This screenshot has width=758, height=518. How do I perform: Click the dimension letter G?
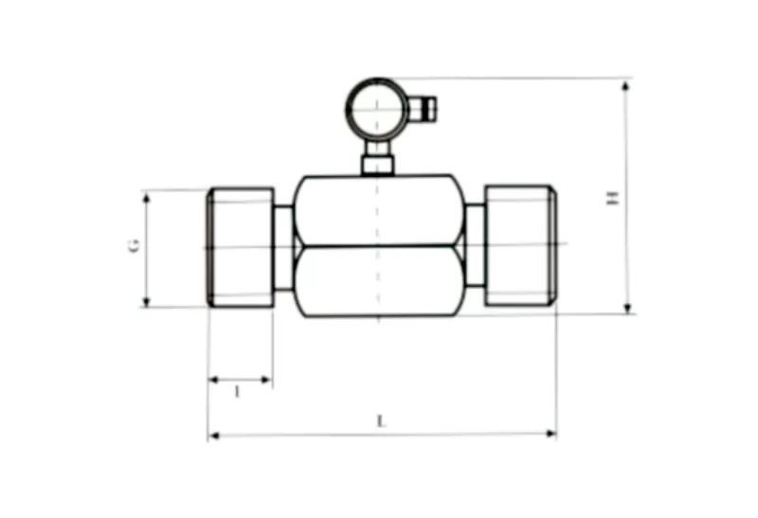pos(135,245)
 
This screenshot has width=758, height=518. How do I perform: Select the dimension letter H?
pos(612,198)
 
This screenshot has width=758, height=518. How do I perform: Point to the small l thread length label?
pos(237,391)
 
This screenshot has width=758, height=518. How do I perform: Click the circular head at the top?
pos(376,109)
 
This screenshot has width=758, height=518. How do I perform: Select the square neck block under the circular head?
pos(377,165)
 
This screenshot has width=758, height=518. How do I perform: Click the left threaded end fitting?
pos(241,246)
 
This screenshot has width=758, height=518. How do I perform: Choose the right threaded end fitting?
pos(519,245)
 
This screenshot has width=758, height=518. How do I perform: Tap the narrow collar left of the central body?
pos(283,248)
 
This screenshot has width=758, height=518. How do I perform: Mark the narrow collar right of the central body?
pos(474,248)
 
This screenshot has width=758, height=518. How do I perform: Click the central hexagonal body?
pos(379,246)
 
